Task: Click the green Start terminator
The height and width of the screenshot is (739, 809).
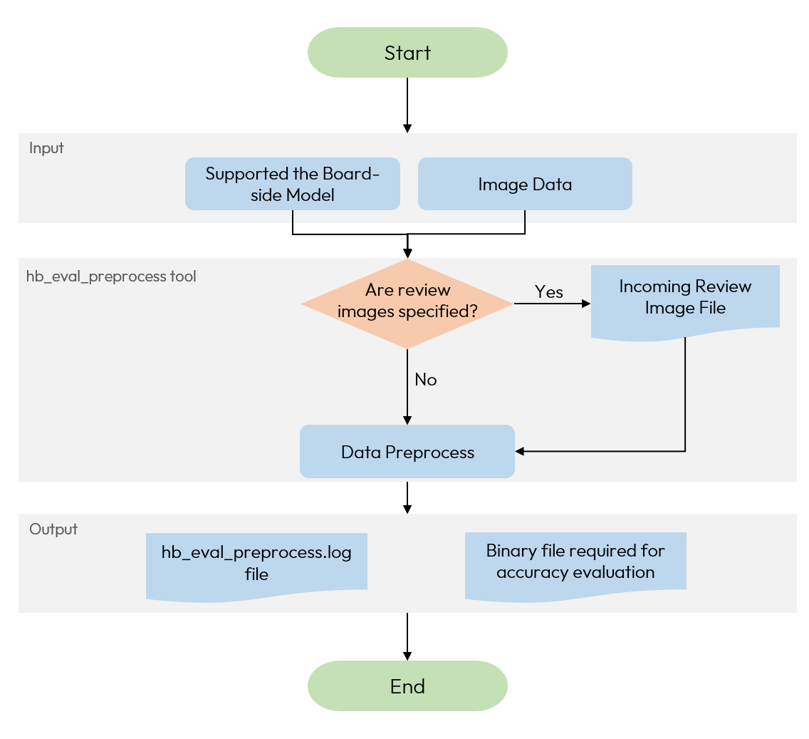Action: tap(407, 53)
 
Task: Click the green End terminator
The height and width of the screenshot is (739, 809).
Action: tap(407, 686)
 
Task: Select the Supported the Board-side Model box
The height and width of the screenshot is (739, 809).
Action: tap(292, 184)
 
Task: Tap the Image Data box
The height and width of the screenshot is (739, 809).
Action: tap(525, 184)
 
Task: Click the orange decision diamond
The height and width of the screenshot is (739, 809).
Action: tap(407, 304)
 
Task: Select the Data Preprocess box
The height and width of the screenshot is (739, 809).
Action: tap(407, 452)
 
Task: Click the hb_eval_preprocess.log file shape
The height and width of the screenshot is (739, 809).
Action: tap(256, 563)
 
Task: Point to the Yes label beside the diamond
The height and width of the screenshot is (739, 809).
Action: tap(548, 292)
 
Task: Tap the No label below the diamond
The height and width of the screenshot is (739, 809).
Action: tap(426, 380)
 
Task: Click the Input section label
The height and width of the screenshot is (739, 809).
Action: tap(46, 148)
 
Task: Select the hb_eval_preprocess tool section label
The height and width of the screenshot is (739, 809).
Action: tap(111, 277)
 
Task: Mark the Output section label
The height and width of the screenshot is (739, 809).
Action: tap(53, 529)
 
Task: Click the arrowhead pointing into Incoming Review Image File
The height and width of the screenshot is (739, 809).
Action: tap(586, 304)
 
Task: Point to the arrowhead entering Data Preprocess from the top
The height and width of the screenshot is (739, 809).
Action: tap(407, 420)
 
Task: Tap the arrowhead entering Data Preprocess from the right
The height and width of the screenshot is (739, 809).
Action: tap(520, 451)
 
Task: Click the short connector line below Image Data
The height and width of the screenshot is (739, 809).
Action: tap(525, 217)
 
